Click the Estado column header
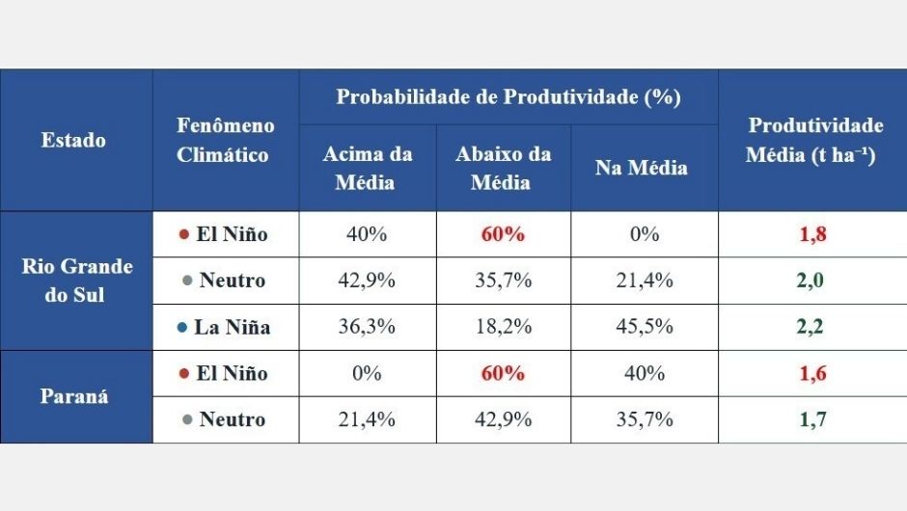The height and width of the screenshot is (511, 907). point(74,140)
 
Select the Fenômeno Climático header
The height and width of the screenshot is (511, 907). point(225,140)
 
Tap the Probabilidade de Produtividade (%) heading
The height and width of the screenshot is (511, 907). point(508,97)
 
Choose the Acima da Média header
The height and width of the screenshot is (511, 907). point(367,168)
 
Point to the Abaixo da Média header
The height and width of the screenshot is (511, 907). point(503,168)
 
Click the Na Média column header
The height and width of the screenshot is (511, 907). point(642,168)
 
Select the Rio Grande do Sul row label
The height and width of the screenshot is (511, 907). point(76,281)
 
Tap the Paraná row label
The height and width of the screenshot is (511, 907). point(75,396)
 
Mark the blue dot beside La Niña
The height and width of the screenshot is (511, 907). point(181,327)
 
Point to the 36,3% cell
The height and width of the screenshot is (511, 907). point(367,327)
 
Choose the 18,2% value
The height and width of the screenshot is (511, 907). point(503,327)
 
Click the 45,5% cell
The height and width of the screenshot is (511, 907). point(644,327)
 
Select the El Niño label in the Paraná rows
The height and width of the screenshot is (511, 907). point(232,373)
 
